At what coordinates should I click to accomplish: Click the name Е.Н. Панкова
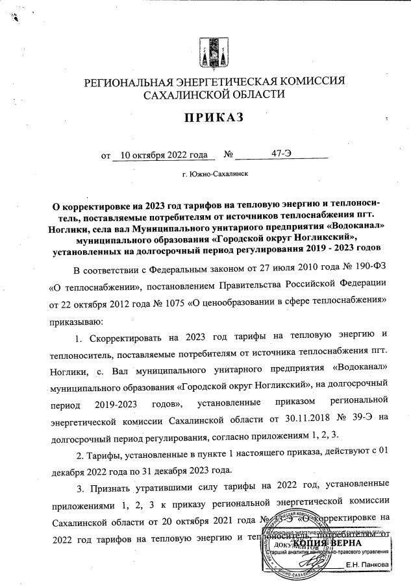point(368,566)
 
